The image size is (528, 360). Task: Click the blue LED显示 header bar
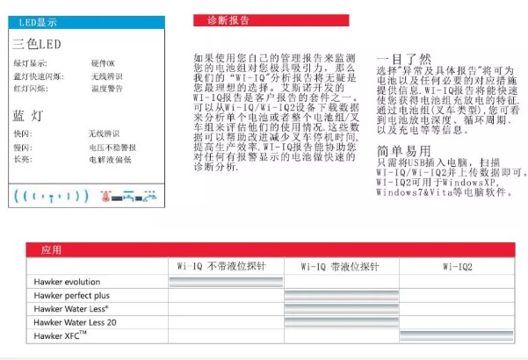(x=84, y=22)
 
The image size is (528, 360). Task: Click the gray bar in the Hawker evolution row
(x=226, y=282)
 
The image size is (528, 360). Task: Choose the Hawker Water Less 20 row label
(x=75, y=322)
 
